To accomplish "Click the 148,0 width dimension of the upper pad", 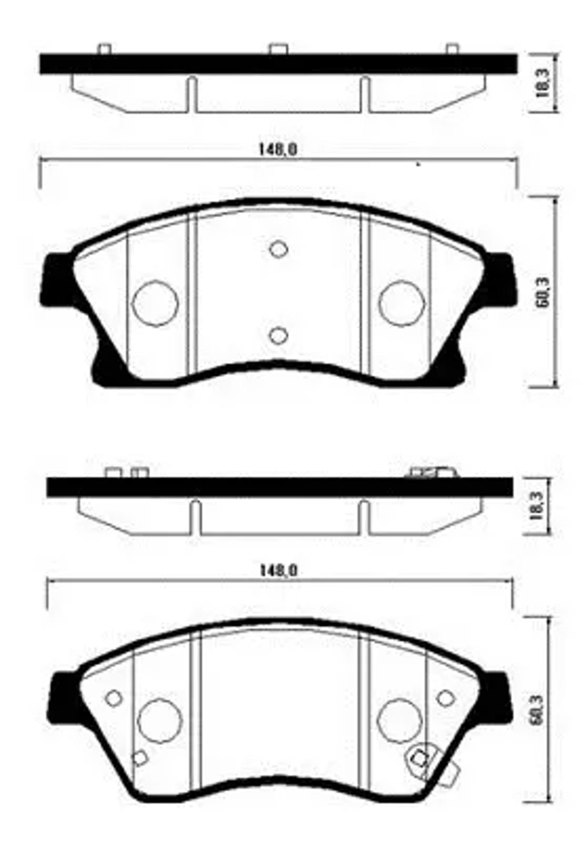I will click(278, 150).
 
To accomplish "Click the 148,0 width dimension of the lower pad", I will click(279, 570).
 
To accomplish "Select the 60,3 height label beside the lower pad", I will click(537, 710).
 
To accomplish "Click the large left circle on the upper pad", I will click(155, 303).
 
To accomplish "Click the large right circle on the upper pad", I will click(401, 303).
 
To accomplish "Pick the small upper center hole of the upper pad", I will click(278, 249).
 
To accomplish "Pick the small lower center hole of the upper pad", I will click(278, 335).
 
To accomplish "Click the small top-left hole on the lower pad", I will click(114, 698).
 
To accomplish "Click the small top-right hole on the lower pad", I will click(445, 698).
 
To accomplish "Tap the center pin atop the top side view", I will click(278, 49).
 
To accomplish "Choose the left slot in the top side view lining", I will click(192, 95).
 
